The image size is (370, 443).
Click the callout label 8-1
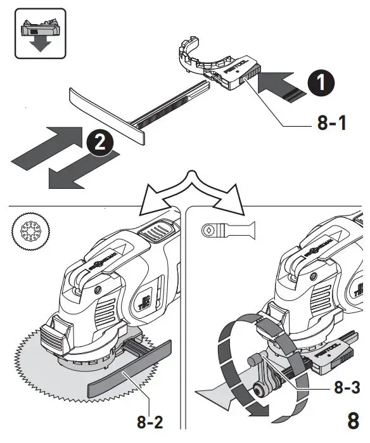tap(331, 122)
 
